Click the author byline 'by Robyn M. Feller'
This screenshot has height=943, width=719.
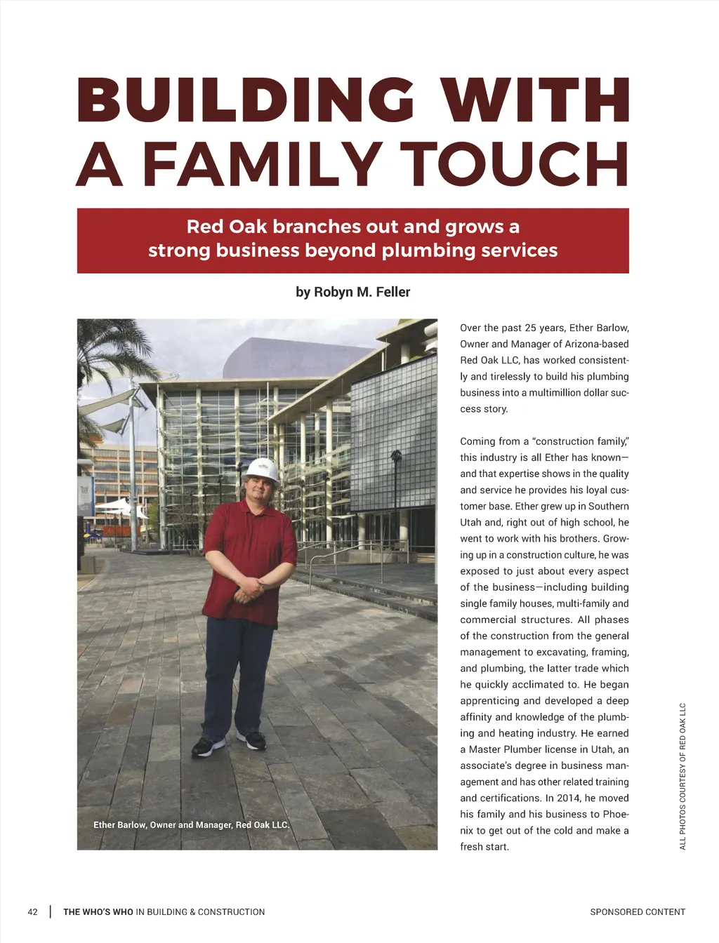[352, 292]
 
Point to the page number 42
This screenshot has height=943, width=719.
[32, 912]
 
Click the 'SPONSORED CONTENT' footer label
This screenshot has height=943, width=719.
[638, 912]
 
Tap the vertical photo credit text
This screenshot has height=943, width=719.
[682, 775]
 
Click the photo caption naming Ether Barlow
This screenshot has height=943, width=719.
[191, 825]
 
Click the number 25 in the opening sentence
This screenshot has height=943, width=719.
[530, 328]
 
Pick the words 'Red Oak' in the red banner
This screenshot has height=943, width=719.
[227, 227]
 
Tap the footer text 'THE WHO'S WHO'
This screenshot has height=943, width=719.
[98, 912]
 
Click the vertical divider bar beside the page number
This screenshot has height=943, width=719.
[51, 912]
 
